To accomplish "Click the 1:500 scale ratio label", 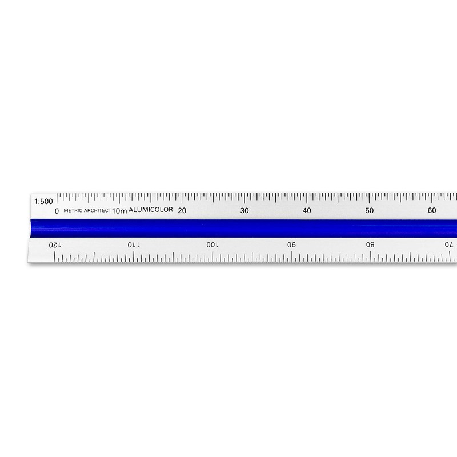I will [44, 201].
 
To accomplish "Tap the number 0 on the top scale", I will [56, 211].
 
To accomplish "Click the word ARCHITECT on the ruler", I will [98, 211].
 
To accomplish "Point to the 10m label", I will [119, 211].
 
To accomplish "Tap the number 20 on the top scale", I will [182, 211].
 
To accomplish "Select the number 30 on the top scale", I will [244, 211].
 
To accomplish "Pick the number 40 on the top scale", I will [307, 211].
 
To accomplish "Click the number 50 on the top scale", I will [370, 211].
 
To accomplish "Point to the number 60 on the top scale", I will [432, 211].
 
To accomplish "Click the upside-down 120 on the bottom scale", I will [53, 244].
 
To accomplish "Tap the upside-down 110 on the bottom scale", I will [132, 244].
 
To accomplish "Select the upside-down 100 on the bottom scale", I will [211, 244].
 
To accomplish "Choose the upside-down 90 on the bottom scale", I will [291, 244].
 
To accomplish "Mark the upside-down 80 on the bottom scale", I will [370, 244].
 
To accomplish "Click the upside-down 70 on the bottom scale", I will [449, 244].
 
